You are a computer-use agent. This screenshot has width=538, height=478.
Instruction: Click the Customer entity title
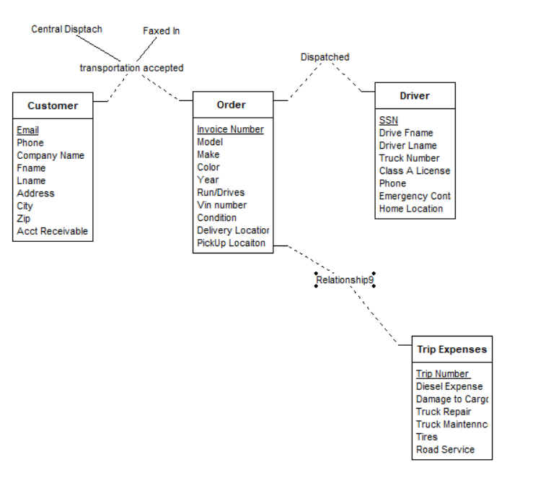click(53, 105)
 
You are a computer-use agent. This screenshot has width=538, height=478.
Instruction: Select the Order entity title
click(231, 105)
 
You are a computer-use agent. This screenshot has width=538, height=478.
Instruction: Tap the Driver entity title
click(415, 95)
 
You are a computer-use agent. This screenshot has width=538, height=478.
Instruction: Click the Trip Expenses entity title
click(451, 349)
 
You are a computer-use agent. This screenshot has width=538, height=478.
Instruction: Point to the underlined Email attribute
click(28, 131)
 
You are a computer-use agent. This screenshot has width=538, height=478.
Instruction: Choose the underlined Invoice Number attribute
click(230, 129)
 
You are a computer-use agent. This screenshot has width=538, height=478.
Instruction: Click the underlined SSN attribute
click(389, 121)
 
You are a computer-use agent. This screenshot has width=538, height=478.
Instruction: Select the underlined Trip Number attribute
click(442, 374)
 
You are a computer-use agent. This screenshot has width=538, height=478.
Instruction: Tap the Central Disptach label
click(67, 30)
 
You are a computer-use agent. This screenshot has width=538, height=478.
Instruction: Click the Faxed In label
click(162, 31)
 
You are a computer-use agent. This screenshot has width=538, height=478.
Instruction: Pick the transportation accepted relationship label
click(131, 68)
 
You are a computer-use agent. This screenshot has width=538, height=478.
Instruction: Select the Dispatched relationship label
click(325, 57)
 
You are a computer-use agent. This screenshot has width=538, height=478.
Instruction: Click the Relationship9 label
click(345, 279)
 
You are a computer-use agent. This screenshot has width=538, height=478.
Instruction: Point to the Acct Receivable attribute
click(53, 231)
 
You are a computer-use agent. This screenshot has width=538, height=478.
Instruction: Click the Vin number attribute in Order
click(221, 205)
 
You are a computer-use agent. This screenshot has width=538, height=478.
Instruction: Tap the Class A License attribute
click(414, 171)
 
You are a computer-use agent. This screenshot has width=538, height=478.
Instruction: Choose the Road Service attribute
click(445, 449)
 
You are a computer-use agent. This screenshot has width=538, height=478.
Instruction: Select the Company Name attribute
click(50, 155)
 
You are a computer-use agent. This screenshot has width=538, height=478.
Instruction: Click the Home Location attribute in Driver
click(411, 209)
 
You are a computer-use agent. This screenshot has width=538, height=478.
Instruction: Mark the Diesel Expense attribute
click(449, 386)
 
